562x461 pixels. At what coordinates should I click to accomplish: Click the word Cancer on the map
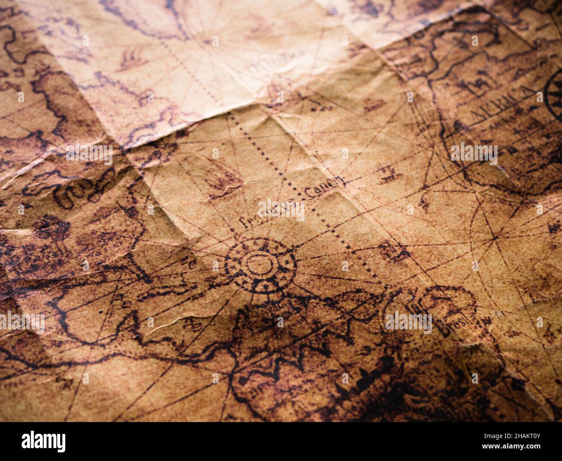[x=324, y=187]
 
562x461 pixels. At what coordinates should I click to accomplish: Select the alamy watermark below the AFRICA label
[x=474, y=153]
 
